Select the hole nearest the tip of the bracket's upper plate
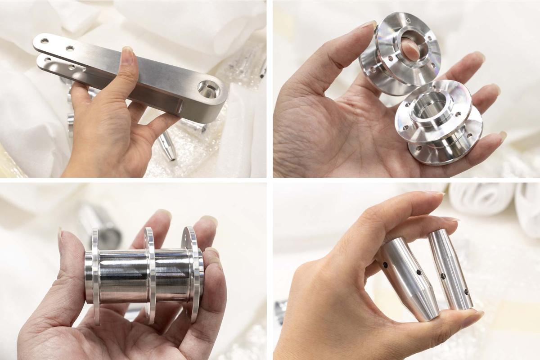tap(45, 41)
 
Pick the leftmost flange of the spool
tap(96, 275)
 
